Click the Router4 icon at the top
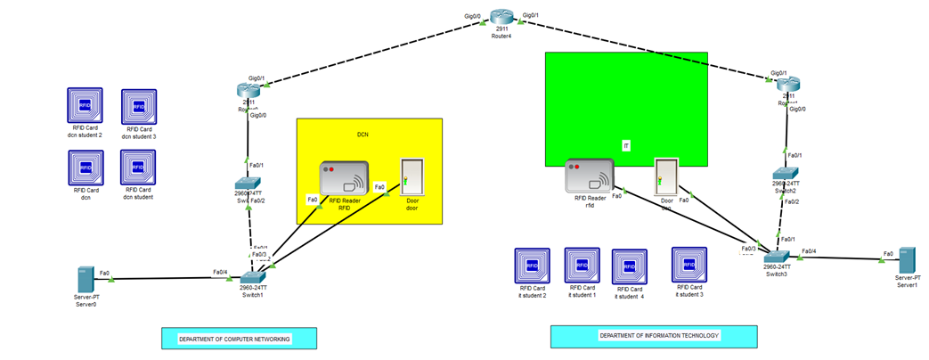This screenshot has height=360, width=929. tap(503, 17)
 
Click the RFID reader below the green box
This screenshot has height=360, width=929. tap(589, 176)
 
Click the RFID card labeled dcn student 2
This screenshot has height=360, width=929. tap(86, 106)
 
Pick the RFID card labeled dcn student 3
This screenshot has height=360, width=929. tap(139, 107)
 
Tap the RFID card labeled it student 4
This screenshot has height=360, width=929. tap(629, 266)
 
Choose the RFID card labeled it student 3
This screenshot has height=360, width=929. tap(689, 265)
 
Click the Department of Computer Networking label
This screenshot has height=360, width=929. tap(240, 339)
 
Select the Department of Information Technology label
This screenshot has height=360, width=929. tap(653, 336)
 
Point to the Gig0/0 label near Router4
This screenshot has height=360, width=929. tap(473, 16)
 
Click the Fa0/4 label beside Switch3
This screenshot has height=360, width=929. tap(808, 251)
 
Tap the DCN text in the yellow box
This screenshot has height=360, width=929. tap(363, 135)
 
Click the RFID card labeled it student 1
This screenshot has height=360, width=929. tap(582, 266)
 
